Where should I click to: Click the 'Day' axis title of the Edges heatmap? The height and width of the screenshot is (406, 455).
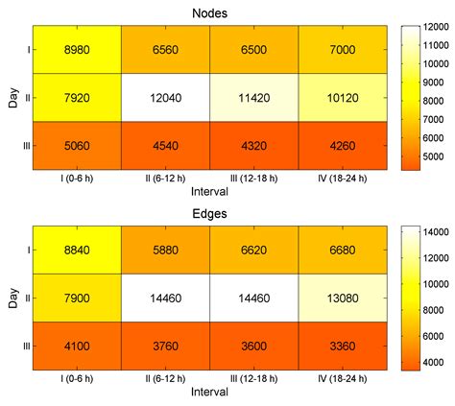(10, 299)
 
